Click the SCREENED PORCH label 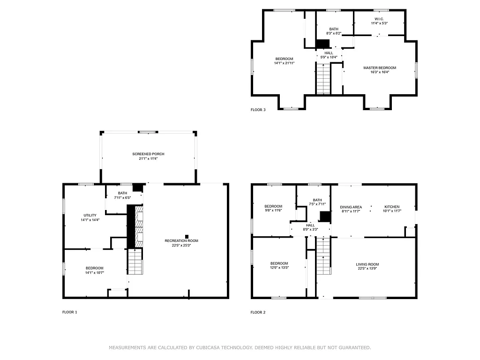[x=148, y=154]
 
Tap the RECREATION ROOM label [x=181, y=240]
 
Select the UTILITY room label [x=90, y=215]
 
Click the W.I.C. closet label [x=379, y=19]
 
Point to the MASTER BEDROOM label [x=379, y=67]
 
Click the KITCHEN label [x=392, y=207]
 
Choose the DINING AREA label [x=351, y=207]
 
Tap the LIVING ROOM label [x=367, y=264]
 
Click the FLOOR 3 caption [x=258, y=110]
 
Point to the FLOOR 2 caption [x=258, y=312]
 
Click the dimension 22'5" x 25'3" [x=181, y=245]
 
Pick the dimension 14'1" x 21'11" [x=284, y=63]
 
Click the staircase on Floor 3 [x=322, y=78]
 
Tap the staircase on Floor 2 [x=323, y=256]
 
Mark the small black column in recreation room [x=187, y=236]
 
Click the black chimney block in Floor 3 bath [x=322, y=44]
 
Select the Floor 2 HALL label [x=310, y=225]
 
